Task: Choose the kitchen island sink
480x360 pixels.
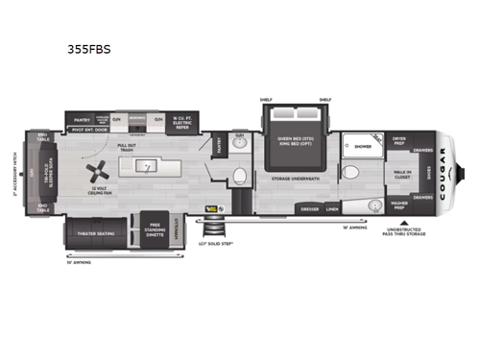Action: [x=147, y=165]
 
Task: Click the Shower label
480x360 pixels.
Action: [x=363, y=147]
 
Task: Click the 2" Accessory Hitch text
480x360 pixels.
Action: [x=17, y=174]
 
